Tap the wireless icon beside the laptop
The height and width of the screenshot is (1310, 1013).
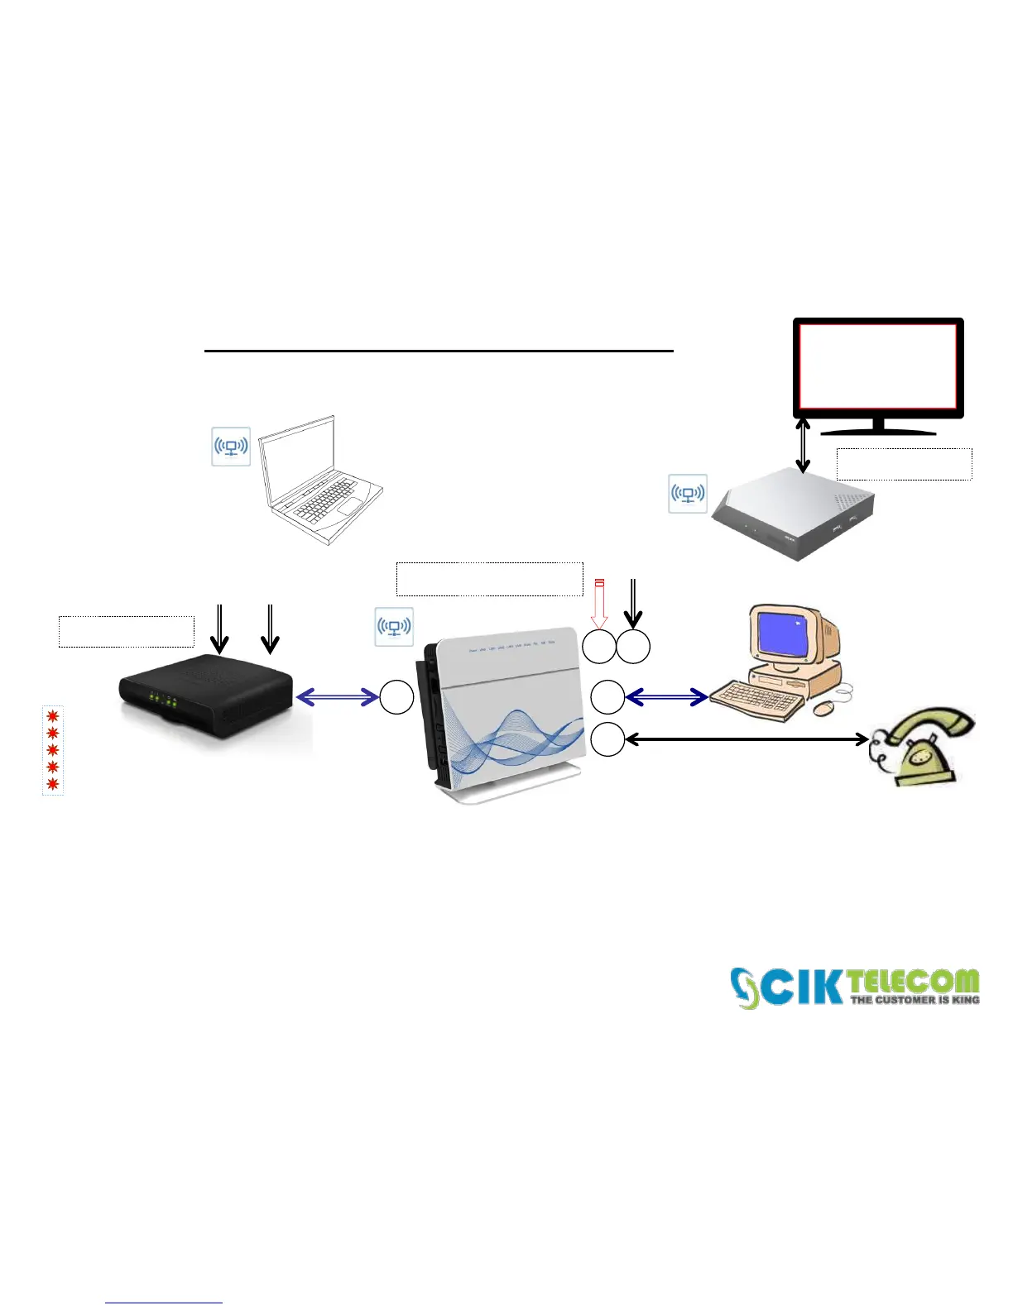(x=231, y=447)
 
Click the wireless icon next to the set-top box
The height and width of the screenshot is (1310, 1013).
(x=688, y=494)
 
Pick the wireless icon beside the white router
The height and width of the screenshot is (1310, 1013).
(x=394, y=626)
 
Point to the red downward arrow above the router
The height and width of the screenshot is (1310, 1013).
(x=600, y=604)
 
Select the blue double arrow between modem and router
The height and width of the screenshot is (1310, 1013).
(x=337, y=698)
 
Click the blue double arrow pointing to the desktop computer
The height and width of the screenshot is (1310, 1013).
(x=666, y=698)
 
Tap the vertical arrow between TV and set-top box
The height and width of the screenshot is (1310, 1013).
(x=803, y=445)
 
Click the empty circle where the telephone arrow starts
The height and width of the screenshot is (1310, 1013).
(x=607, y=739)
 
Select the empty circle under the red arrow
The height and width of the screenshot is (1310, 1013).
(x=599, y=647)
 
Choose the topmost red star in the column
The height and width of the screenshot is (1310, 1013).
(x=53, y=715)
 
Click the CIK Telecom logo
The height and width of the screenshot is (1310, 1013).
(x=855, y=987)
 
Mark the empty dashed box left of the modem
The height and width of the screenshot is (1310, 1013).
(x=127, y=631)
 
